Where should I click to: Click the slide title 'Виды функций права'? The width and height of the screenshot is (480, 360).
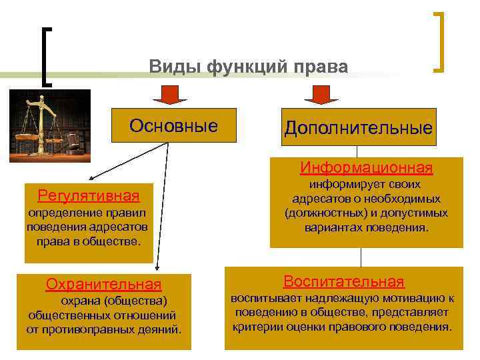248,67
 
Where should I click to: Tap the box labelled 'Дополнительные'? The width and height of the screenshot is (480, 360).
358,127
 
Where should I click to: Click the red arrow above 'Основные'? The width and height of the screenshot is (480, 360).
170,95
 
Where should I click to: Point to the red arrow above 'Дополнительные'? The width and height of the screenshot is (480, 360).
321,95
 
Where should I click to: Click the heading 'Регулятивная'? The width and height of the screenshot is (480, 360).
89,195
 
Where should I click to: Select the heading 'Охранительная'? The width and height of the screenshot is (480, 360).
103,285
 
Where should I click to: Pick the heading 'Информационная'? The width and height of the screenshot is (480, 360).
366,166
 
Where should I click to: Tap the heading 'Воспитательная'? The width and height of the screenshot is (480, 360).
344,281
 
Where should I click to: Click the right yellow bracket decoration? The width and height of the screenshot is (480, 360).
440,41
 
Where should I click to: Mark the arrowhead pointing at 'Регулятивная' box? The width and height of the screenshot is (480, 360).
90,179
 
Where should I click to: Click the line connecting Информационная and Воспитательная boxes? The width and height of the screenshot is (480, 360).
361,257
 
